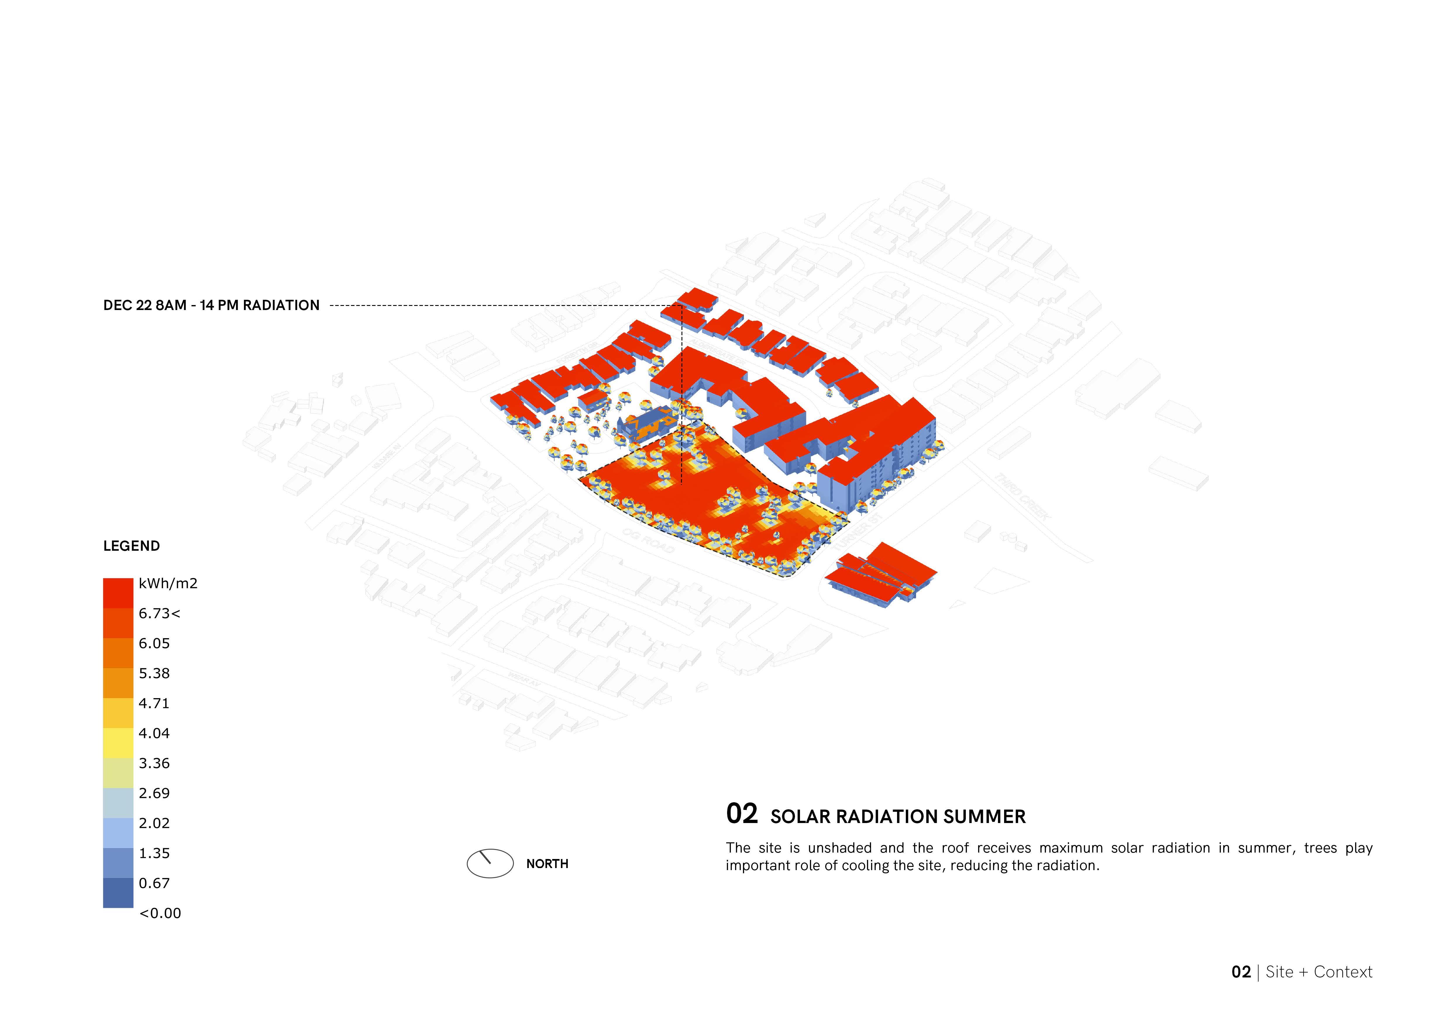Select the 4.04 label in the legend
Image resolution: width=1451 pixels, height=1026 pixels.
(x=154, y=734)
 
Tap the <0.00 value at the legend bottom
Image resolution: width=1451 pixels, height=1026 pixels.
(x=160, y=914)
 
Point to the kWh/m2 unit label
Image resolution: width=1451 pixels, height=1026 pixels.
(x=168, y=584)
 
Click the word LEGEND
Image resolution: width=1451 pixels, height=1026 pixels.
(x=131, y=546)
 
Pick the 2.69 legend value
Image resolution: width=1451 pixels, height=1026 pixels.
(x=154, y=793)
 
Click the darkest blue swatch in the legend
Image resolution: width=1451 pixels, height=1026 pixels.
(x=118, y=893)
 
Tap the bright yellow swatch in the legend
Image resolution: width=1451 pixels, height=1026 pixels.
(x=118, y=743)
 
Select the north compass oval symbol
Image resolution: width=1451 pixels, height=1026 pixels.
(x=490, y=863)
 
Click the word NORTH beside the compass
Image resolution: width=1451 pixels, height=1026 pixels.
(x=547, y=864)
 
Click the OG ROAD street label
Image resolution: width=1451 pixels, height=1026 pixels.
(x=648, y=540)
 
